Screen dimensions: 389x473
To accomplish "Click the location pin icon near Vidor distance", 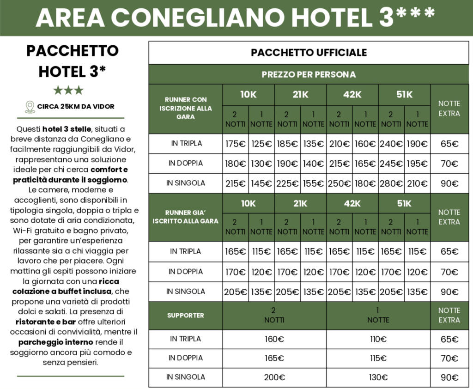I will (30, 107).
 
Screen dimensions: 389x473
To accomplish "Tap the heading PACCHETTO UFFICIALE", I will (309, 53).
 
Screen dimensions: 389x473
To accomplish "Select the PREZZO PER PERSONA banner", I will (309, 74).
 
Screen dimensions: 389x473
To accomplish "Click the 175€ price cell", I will (236, 144).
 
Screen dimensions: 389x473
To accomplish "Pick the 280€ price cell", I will (391, 183).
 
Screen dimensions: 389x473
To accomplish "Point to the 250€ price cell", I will (340, 183).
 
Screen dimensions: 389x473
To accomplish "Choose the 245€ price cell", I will (391, 164).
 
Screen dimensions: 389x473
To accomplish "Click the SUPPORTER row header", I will (185, 316).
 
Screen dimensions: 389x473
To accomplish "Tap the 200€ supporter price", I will (274, 377).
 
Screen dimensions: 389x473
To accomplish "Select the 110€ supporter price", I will (378, 339).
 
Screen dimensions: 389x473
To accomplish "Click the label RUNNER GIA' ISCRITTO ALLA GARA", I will (185, 217).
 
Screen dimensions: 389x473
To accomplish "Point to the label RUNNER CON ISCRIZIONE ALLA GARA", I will (185, 108).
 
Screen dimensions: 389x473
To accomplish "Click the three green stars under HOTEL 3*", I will (68, 90).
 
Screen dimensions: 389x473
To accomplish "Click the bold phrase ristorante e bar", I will (46, 322).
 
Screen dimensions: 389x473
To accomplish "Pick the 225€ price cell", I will (287, 183).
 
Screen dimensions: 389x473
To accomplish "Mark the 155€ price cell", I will (313, 183).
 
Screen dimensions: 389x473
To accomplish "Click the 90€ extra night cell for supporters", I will (449, 377).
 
